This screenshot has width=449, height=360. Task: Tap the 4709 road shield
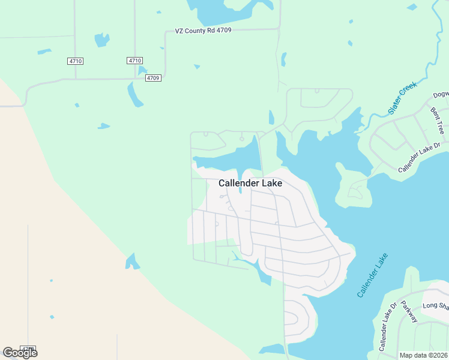pos(153,77)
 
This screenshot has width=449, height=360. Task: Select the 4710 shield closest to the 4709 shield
pos(135,61)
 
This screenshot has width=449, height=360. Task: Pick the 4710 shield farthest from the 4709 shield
pos(75,61)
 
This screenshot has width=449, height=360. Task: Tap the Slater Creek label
pos(402,99)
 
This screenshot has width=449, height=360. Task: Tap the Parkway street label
pos(409,311)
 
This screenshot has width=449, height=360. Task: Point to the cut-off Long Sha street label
pos(435,307)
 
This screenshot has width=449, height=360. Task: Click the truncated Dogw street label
pos(441,95)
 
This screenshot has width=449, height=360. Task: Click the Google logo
pos(20,353)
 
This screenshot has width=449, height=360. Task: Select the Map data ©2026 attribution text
pos(424,355)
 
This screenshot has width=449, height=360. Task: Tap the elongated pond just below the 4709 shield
pos(134,95)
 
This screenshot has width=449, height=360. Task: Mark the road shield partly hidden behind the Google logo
pos(28,348)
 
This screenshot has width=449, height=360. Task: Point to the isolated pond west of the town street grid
pos(131,262)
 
